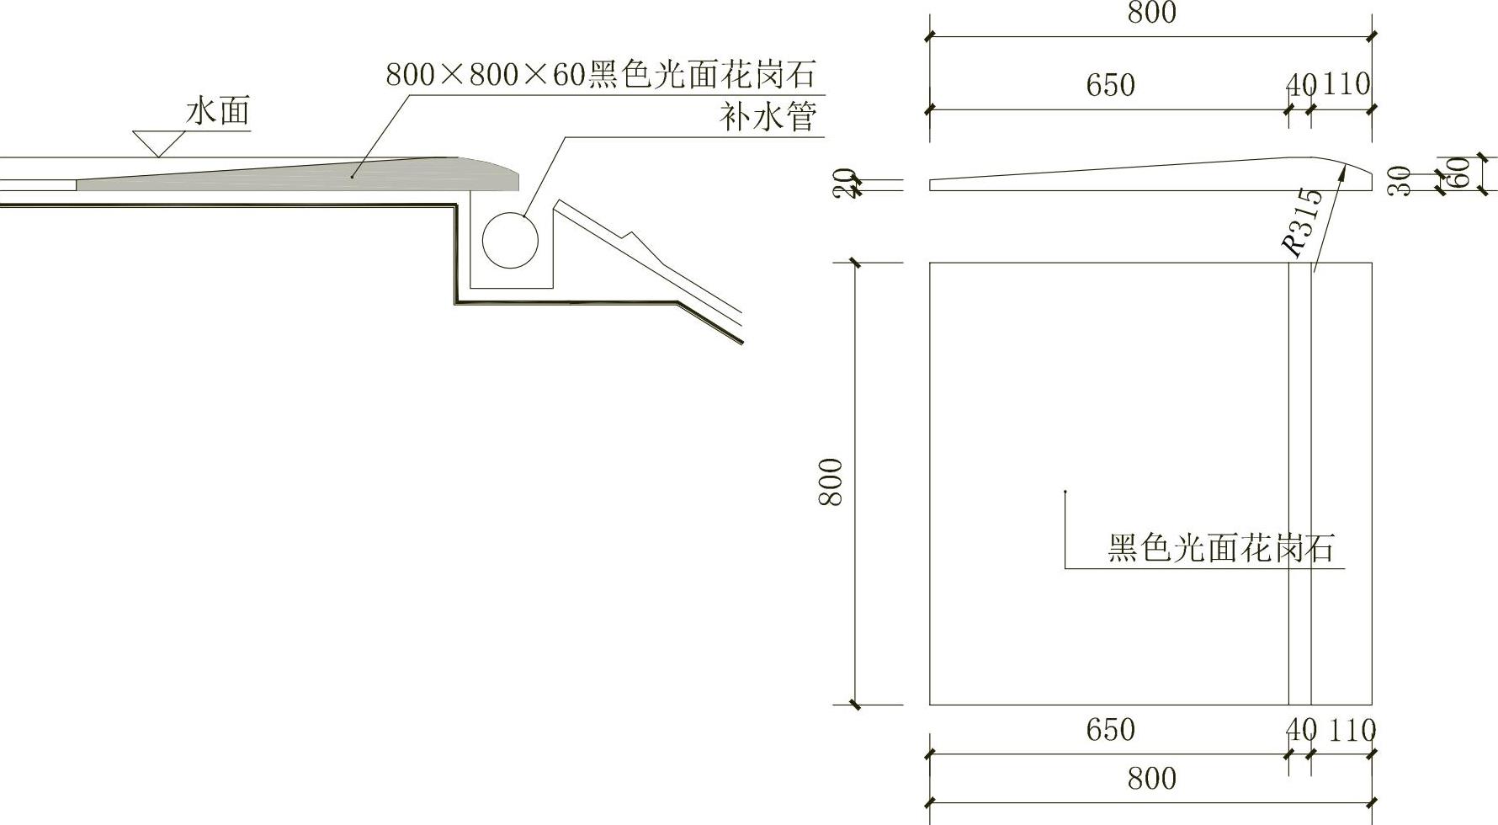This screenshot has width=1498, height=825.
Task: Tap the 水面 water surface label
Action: coord(218,111)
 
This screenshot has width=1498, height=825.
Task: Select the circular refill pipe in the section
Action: coord(510,240)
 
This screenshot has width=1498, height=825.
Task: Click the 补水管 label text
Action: coord(768,116)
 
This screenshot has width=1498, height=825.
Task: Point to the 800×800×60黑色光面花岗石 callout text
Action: coord(601,75)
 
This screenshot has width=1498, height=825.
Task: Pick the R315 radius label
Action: coord(1302,223)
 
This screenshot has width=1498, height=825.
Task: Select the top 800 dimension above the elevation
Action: coord(1151,13)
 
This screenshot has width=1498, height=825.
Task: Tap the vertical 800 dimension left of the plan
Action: coord(831,482)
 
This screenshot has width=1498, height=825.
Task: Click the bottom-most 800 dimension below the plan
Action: coord(1151,779)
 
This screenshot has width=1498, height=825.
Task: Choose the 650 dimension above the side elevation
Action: coord(1110,85)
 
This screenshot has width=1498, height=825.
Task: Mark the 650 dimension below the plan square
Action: coord(1110,729)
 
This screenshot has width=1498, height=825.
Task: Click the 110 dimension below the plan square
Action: coord(1352,730)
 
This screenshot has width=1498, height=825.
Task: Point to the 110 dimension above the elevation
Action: coord(1347,84)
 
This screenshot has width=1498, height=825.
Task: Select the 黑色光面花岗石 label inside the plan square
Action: coord(1221,548)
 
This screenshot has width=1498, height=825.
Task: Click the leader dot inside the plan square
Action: coord(1065,492)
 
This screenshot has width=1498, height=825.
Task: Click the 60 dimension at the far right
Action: coord(1462,173)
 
